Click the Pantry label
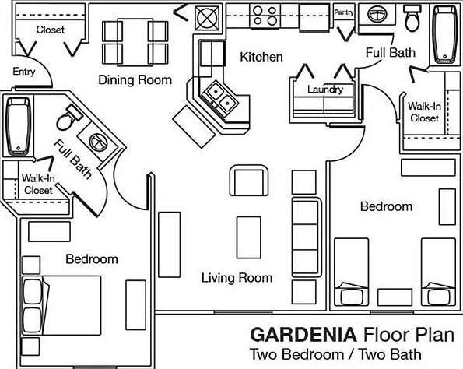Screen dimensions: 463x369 pos(344,12)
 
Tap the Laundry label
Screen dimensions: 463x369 pos(325,90)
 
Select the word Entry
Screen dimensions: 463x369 pos(24,72)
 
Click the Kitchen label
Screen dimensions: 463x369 pos(261,57)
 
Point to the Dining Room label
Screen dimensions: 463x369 pos(135,79)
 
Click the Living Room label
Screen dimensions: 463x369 pos(237,278)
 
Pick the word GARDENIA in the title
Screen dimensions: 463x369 pos(303,335)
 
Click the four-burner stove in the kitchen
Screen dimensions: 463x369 pos(265,16)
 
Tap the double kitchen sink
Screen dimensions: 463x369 pos(220,97)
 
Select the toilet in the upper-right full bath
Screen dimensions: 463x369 pos(412,18)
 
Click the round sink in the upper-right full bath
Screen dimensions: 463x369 pos(377,14)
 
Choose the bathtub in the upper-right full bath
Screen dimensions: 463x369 pos(444,34)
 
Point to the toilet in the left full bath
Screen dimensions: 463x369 pos(70,118)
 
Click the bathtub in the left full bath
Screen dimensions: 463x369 pos(19,126)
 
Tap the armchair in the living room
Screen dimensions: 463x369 pos(249,181)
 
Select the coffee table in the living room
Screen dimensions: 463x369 pos(249,237)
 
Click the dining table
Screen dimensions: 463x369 pos(135,42)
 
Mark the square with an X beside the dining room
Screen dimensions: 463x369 pos(208,17)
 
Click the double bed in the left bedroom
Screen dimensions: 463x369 pos(61,305)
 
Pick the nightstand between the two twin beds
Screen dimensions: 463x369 pos(395,297)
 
